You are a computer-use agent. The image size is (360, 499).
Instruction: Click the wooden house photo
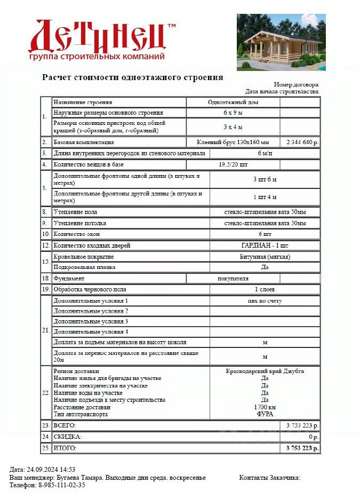(281, 42)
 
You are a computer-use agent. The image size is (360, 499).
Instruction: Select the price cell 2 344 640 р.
(302, 142)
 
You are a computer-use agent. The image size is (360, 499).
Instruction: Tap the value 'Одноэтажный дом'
(233, 102)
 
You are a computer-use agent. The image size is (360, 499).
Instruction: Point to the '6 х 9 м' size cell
(233, 113)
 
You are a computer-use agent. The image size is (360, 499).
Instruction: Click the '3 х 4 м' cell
(233, 127)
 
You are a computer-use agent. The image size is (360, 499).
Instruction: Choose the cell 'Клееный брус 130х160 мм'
(233, 142)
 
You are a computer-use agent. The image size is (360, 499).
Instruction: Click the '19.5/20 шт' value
(233, 165)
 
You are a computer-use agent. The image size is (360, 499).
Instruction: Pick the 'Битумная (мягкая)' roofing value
(265, 257)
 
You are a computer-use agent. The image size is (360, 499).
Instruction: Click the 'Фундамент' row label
(69, 279)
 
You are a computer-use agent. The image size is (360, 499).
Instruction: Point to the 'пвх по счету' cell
(265, 301)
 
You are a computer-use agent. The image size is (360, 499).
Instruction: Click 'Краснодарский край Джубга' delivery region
(265, 371)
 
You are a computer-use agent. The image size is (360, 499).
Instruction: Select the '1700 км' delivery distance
(265, 407)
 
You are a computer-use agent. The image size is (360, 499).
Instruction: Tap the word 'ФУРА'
(265, 414)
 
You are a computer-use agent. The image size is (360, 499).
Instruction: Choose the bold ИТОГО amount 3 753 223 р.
(302, 448)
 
